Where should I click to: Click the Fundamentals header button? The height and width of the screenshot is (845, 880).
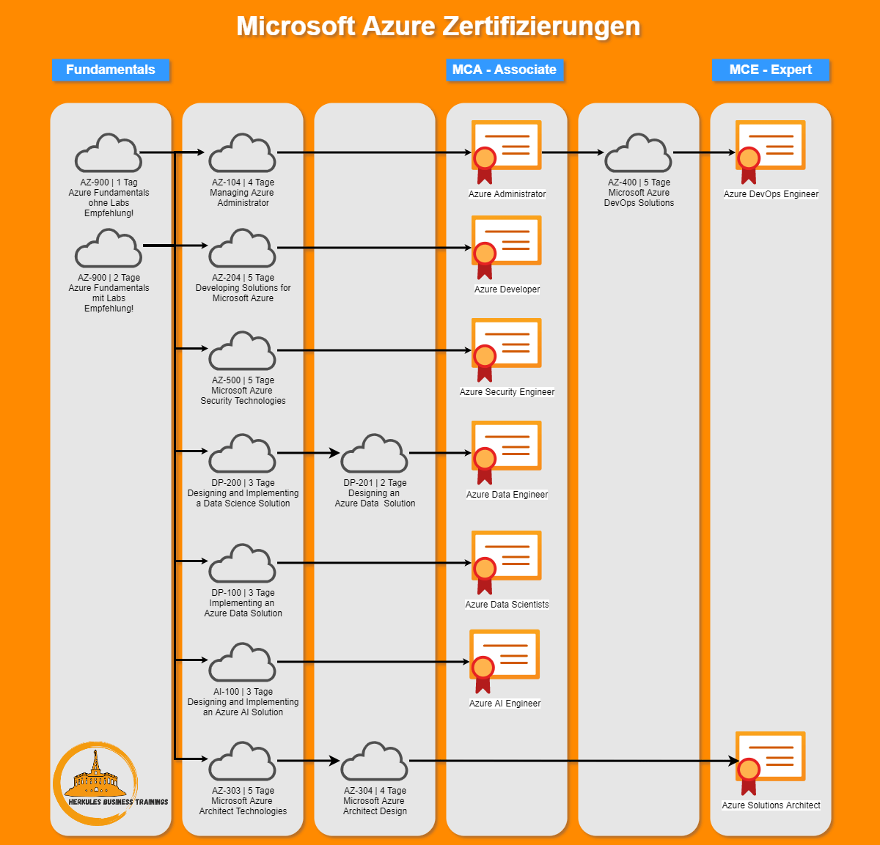point(111,70)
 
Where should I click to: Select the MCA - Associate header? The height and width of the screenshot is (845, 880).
point(505,70)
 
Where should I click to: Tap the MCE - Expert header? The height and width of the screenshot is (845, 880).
point(771,70)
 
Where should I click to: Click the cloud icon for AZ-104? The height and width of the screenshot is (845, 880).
point(242,154)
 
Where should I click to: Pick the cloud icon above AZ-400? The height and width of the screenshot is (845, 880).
point(638,154)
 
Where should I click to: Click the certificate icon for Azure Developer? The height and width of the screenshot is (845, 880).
point(506,246)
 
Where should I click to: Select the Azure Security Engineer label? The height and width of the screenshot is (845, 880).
point(507,392)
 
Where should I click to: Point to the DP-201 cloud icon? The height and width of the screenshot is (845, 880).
point(374,454)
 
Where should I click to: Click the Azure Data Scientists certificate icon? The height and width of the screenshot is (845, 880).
point(506,561)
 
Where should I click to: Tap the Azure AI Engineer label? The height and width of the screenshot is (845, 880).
point(505,704)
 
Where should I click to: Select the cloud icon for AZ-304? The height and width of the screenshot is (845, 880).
point(374,762)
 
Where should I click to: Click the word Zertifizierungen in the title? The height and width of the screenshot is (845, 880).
point(541,26)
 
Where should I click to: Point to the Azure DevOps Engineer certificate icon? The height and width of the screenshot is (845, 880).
point(770,150)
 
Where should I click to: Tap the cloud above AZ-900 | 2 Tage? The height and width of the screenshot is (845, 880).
point(109,249)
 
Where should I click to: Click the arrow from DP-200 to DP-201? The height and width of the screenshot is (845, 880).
point(308,453)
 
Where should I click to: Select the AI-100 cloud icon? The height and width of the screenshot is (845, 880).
point(242,663)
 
